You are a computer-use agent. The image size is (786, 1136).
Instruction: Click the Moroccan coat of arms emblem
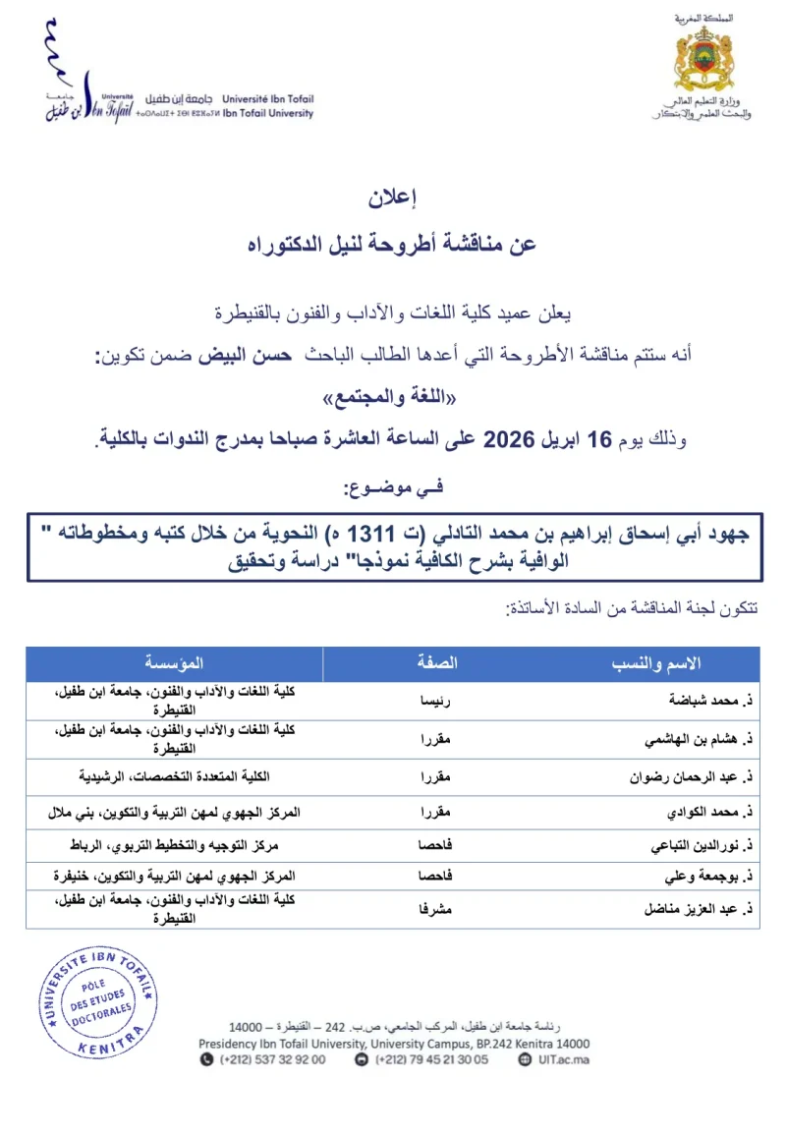(x=703, y=58)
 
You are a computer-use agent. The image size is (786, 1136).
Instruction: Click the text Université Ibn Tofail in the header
(x=267, y=98)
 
